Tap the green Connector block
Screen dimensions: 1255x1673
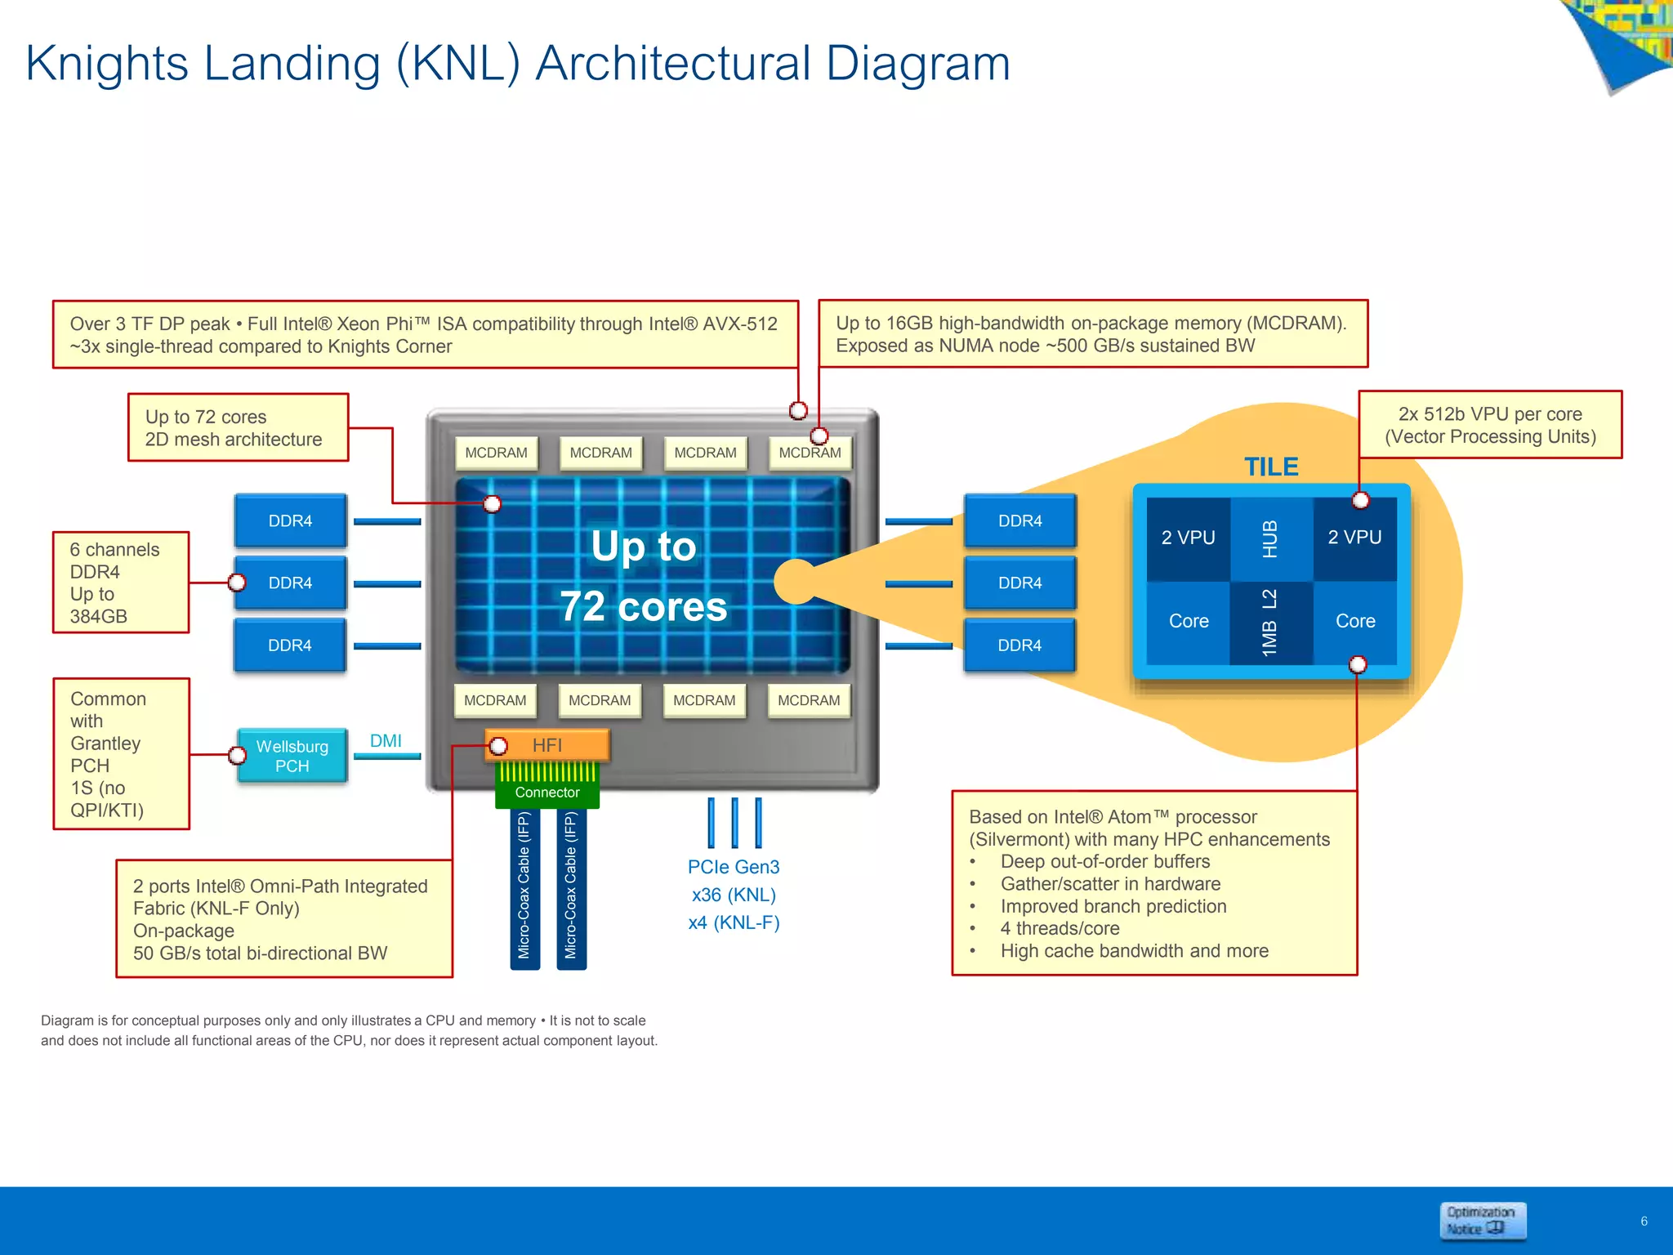click(x=547, y=792)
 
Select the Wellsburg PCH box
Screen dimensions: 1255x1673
click(x=292, y=756)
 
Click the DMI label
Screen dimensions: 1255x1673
click(x=386, y=741)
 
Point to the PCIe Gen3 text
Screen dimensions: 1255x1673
click(x=734, y=867)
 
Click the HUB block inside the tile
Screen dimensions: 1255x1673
click(x=1270, y=539)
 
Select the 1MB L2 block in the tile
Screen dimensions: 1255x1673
click(x=1270, y=623)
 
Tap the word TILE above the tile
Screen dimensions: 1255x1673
click(x=1271, y=467)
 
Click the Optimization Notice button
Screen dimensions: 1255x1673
click(x=1482, y=1221)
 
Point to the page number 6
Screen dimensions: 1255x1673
click(x=1644, y=1222)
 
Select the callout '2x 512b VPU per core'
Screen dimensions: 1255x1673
click(x=1490, y=425)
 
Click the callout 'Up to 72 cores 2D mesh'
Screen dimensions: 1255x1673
click(x=238, y=428)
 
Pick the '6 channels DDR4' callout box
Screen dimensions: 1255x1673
click(x=121, y=583)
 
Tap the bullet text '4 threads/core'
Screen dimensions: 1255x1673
click(x=1060, y=929)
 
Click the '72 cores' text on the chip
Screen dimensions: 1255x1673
click(x=644, y=607)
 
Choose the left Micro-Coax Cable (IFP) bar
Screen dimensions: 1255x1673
click(x=524, y=886)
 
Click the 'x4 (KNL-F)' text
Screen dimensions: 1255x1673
click(x=734, y=923)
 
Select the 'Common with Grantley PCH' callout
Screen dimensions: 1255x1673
click(x=121, y=754)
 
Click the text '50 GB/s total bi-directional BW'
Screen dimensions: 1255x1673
click(x=260, y=954)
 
